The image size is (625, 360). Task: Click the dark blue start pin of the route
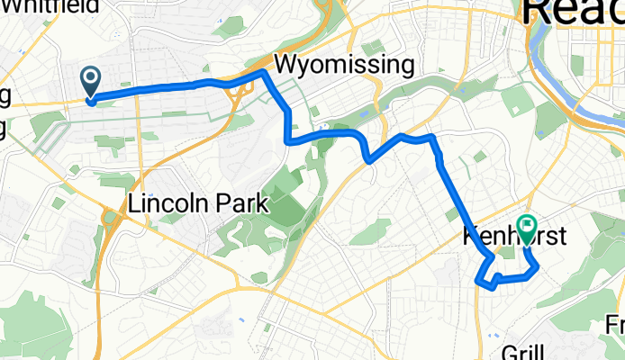pyautogui.click(x=92, y=81)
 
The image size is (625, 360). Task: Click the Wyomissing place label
pyautogui.click(x=344, y=66)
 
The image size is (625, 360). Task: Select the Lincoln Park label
pyautogui.click(x=199, y=203)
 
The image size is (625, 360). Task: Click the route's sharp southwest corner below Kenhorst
pyautogui.click(x=477, y=282)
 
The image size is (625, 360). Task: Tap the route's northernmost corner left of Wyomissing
pyautogui.click(x=263, y=71)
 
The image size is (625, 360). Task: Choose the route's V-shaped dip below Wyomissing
pyautogui.click(x=369, y=160)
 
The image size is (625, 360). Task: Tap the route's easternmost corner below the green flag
pyautogui.click(x=538, y=266)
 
